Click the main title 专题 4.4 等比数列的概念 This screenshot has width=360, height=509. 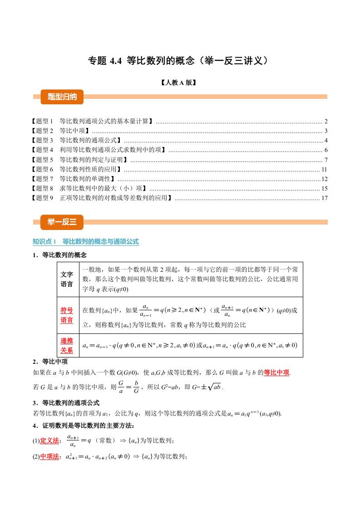pos(180,61)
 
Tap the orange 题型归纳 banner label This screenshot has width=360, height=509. pos(59,96)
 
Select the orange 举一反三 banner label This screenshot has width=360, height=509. pos(59,221)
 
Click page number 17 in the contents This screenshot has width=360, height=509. pos(324,198)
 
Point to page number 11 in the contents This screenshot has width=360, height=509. pos(324,169)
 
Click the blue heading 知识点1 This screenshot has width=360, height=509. pos(86,242)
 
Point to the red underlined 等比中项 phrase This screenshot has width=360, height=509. pos(276,372)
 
